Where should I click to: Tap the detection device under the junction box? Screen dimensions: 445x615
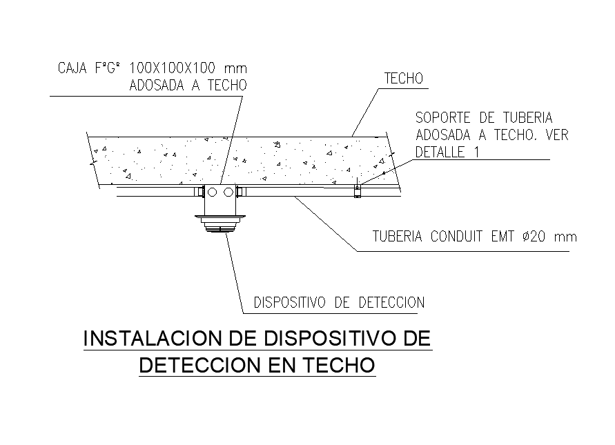pyautogui.click(x=220, y=224)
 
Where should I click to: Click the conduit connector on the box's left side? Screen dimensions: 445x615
pyautogui.click(x=201, y=192)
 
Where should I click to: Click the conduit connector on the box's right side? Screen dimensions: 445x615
pyautogui.click(x=240, y=192)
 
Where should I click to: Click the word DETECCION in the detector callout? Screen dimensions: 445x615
pyautogui.click(x=391, y=302)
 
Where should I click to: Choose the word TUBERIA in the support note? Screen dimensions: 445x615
pyautogui.click(x=527, y=118)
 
